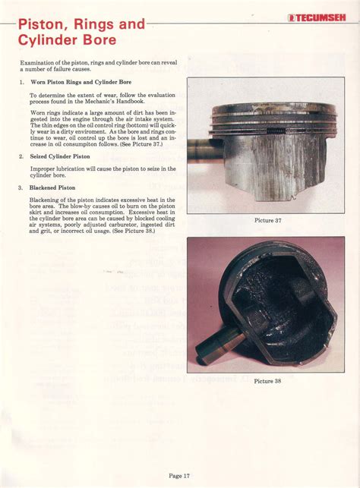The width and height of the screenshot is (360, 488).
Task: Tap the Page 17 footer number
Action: click(179, 476)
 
